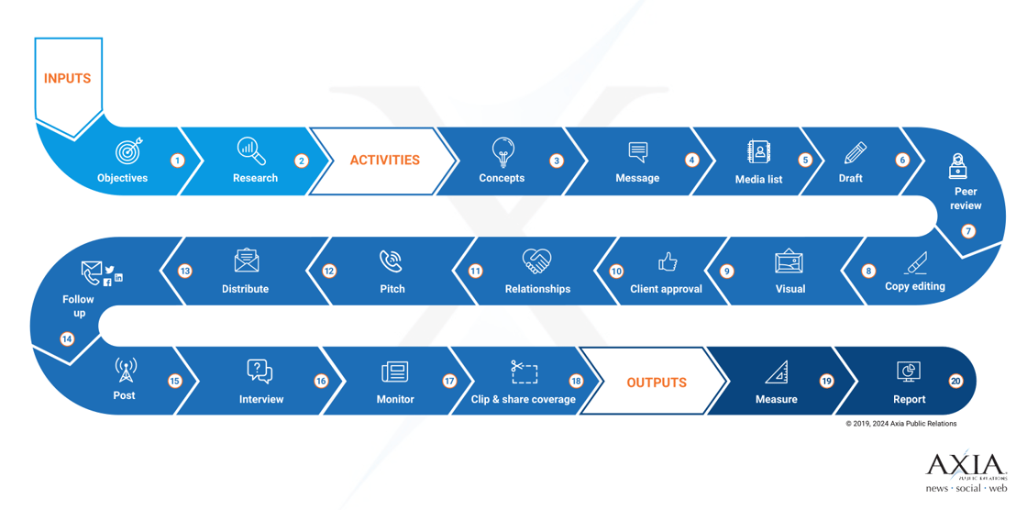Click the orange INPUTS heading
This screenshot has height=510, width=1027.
point(68,79)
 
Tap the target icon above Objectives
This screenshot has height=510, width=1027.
point(128,151)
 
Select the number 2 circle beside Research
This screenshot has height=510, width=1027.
point(302,161)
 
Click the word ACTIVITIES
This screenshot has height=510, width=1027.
point(384,160)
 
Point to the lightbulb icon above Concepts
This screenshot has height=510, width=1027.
point(503,152)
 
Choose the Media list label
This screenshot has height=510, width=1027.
point(758,179)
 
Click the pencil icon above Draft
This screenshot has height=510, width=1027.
point(855,153)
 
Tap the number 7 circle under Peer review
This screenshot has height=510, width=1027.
point(968,231)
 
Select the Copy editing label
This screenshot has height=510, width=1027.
point(915,286)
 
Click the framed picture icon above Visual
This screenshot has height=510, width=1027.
point(790,261)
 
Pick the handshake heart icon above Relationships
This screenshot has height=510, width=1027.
point(537,261)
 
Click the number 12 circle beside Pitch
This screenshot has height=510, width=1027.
point(329,271)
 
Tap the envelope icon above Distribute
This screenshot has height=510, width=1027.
point(247,261)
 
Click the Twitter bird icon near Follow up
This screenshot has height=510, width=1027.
point(109,269)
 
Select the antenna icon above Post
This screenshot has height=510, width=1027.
point(125,371)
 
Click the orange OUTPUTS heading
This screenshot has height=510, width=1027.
point(657,382)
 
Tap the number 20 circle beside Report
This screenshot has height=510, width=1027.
point(955,381)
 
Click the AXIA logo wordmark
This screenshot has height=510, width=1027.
point(966,464)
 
